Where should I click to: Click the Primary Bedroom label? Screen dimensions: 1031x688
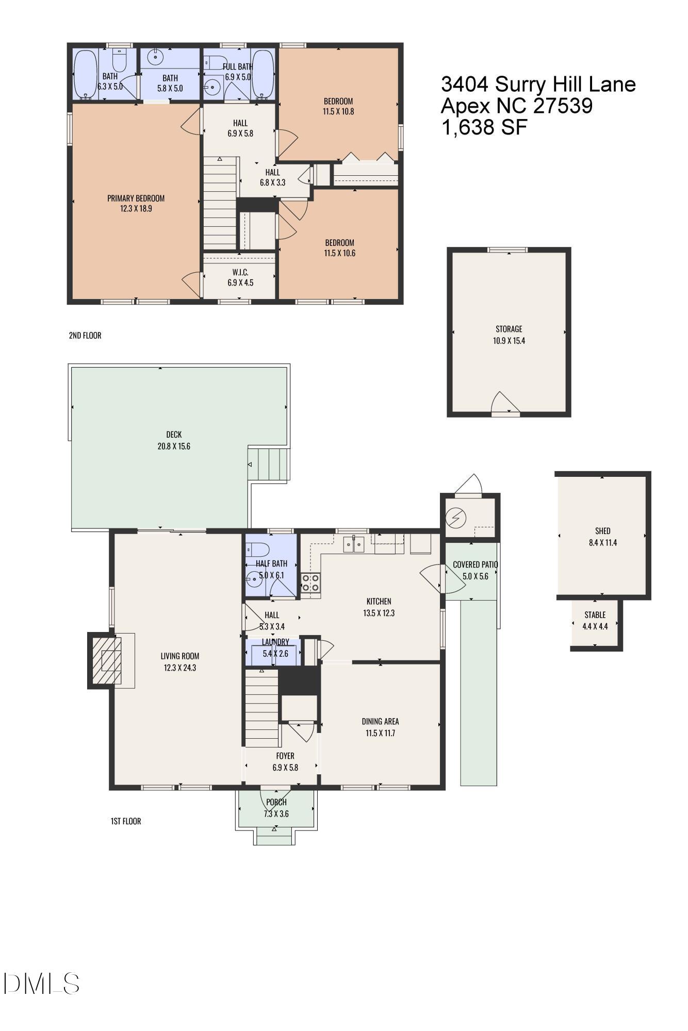tap(136, 198)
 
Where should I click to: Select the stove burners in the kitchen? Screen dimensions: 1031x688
tap(310, 583)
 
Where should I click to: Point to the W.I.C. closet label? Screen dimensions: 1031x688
tap(240, 272)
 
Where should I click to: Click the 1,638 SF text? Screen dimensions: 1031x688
tap(484, 127)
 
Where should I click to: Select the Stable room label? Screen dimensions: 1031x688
tap(595, 615)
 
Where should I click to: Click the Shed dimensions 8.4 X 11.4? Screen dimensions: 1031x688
tap(602, 542)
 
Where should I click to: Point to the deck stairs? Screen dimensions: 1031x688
tap(268, 464)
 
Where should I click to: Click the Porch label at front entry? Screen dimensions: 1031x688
tap(276, 802)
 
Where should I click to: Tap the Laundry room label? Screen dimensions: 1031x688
tap(275, 642)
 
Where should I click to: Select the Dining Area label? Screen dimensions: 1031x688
tap(380, 722)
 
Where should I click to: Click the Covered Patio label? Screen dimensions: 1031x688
tap(474, 564)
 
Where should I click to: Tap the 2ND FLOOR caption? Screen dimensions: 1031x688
tap(85, 336)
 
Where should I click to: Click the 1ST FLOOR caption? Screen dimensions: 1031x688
tap(125, 821)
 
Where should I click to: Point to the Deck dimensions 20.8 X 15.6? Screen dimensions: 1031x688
tap(174, 446)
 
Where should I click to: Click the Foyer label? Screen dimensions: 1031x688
tap(285, 756)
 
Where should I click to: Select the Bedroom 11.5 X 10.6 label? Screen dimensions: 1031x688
tap(339, 243)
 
